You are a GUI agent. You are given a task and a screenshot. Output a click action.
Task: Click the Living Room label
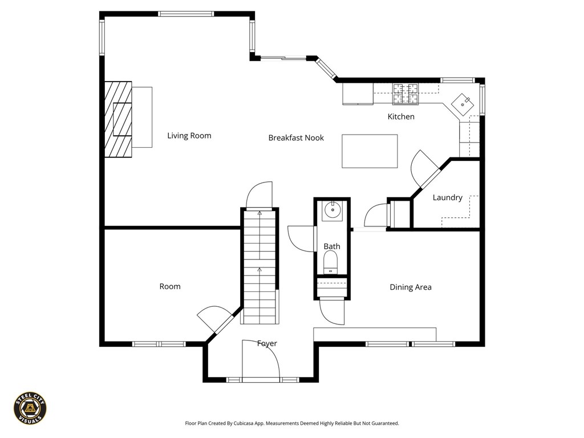coord(189,136)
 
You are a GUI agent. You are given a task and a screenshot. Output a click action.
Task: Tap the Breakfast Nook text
coord(296,137)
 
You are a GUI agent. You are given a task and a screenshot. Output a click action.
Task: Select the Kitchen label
coord(401,117)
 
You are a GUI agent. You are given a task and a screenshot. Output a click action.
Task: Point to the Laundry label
coord(447,198)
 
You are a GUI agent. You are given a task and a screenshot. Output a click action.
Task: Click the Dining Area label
coord(410,287)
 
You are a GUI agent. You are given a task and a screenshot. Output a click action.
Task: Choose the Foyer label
coord(267,343)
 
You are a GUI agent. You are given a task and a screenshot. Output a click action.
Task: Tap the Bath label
coord(332,246)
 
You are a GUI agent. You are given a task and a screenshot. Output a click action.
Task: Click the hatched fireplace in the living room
coord(118,119)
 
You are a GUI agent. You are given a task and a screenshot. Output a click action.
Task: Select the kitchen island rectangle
coord(370,151)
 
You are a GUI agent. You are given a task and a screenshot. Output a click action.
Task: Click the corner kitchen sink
coord(463,103)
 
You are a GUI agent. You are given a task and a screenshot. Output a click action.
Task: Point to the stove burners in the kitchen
coord(404,94)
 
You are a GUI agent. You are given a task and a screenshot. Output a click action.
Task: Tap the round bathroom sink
coord(331,212)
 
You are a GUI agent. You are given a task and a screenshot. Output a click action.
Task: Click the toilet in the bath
coord(331,263)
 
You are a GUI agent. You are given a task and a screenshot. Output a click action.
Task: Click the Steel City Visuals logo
coord(30,408)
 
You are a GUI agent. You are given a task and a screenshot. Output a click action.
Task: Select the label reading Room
coord(170,286)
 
